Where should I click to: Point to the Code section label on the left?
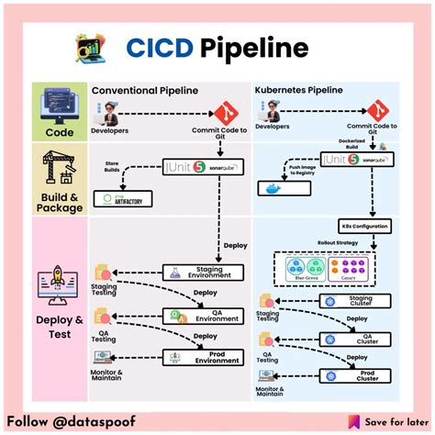58,132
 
